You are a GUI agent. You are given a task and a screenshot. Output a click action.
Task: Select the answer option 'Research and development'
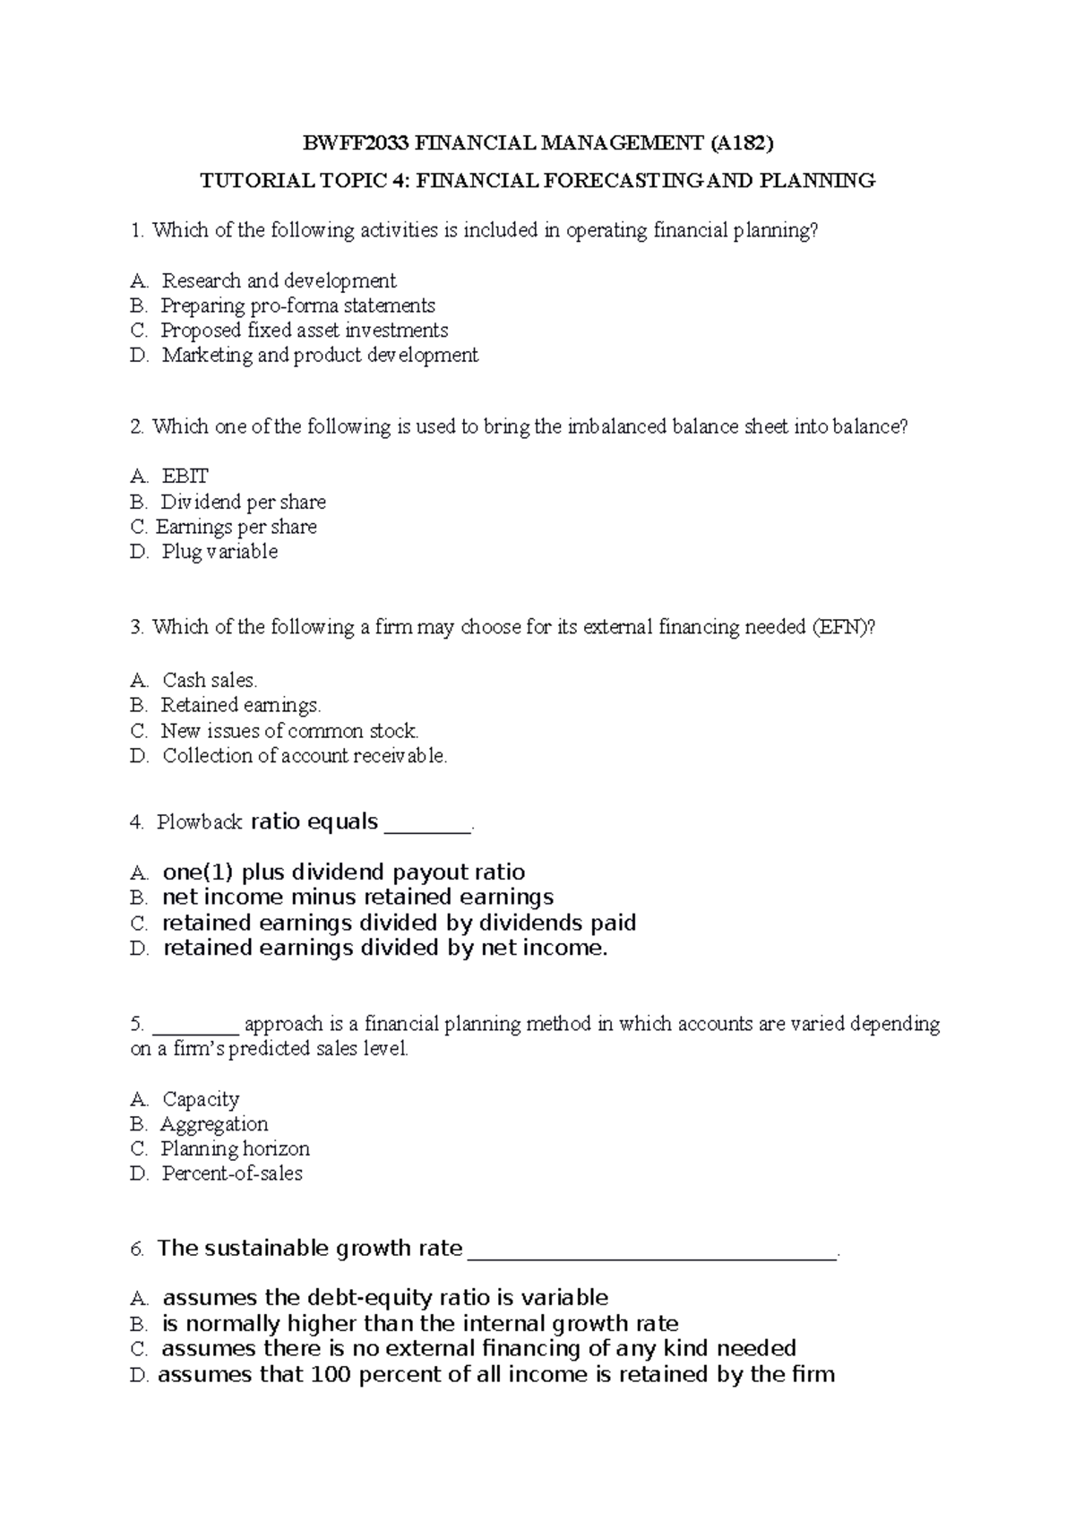pos(279,281)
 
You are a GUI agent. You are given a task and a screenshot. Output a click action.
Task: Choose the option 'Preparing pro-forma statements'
pos(297,306)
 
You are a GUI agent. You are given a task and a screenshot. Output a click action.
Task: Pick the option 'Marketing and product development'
pos(320,356)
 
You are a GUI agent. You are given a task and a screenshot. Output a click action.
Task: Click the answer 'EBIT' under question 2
pos(185,477)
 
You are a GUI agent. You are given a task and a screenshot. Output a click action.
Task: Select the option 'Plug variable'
pos(219,552)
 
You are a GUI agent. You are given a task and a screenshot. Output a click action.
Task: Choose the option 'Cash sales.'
pos(210,681)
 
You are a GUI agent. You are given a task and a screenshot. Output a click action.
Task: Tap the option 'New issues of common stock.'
pos(289,731)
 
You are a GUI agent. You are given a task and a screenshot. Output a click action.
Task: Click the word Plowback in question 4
pos(200,822)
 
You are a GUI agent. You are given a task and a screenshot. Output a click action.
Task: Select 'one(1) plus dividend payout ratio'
pos(343,872)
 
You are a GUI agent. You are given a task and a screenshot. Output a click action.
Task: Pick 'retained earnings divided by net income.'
pos(385,949)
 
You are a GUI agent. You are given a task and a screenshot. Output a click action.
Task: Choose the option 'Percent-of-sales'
pos(232,1173)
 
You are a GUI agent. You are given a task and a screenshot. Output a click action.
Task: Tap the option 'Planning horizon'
pos(235,1149)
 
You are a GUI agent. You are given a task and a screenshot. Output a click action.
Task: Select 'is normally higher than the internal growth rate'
pos(419,1324)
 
